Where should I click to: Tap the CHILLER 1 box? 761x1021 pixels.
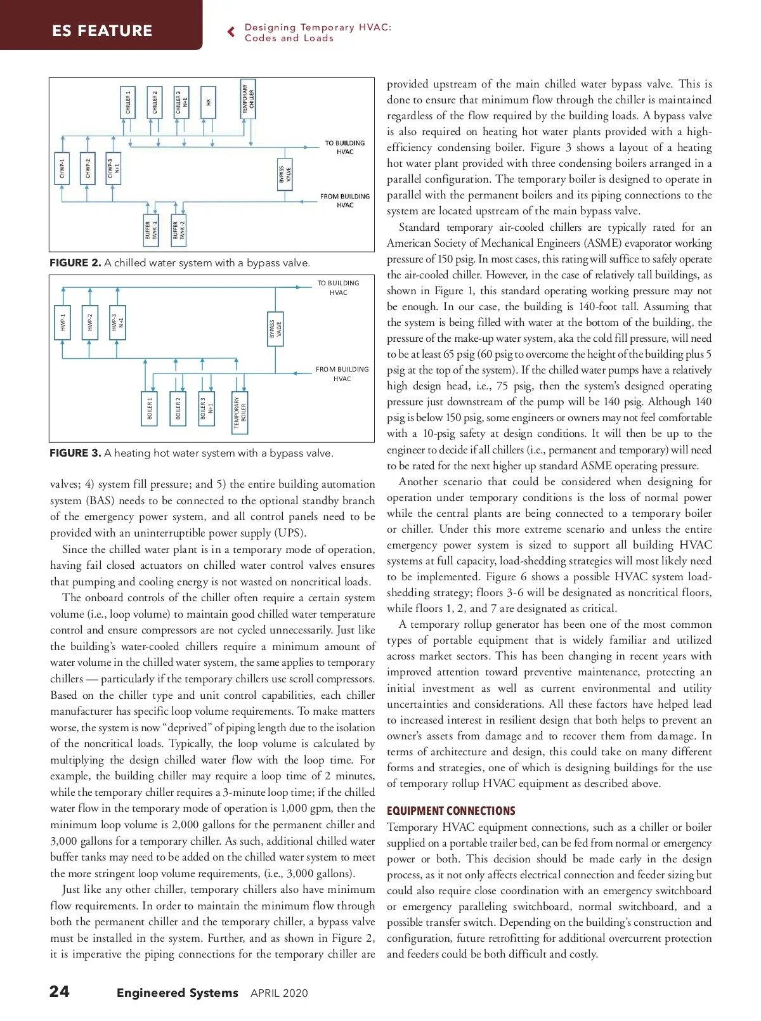[x=128, y=102]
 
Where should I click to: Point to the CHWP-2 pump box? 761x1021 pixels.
[x=88, y=168]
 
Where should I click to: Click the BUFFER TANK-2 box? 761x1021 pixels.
[x=179, y=230]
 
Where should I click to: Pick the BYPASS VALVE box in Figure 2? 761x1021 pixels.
[x=285, y=174]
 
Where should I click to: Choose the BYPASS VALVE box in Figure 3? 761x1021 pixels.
[x=275, y=328]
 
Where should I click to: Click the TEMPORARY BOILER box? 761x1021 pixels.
[x=240, y=412]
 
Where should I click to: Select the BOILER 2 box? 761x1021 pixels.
[x=178, y=408]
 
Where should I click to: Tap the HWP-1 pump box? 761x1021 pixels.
[x=63, y=322]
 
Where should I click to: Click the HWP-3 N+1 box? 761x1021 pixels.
[x=117, y=322]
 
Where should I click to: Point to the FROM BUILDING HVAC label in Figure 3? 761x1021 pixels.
[x=342, y=374]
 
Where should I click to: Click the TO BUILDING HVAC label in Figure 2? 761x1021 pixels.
[x=345, y=147]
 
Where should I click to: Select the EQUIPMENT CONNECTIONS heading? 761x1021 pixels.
[x=451, y=811]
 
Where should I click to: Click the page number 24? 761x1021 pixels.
[x=60, y=992]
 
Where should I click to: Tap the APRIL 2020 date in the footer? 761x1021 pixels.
[x=279, y=993]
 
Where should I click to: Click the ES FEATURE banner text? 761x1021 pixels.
[x=102, y=30]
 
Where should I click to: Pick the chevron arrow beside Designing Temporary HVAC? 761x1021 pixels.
[x=231, y=32]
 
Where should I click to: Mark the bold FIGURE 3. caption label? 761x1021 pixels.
[x=75, y=453]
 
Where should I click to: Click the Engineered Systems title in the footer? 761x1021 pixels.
[x=178, y=992]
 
